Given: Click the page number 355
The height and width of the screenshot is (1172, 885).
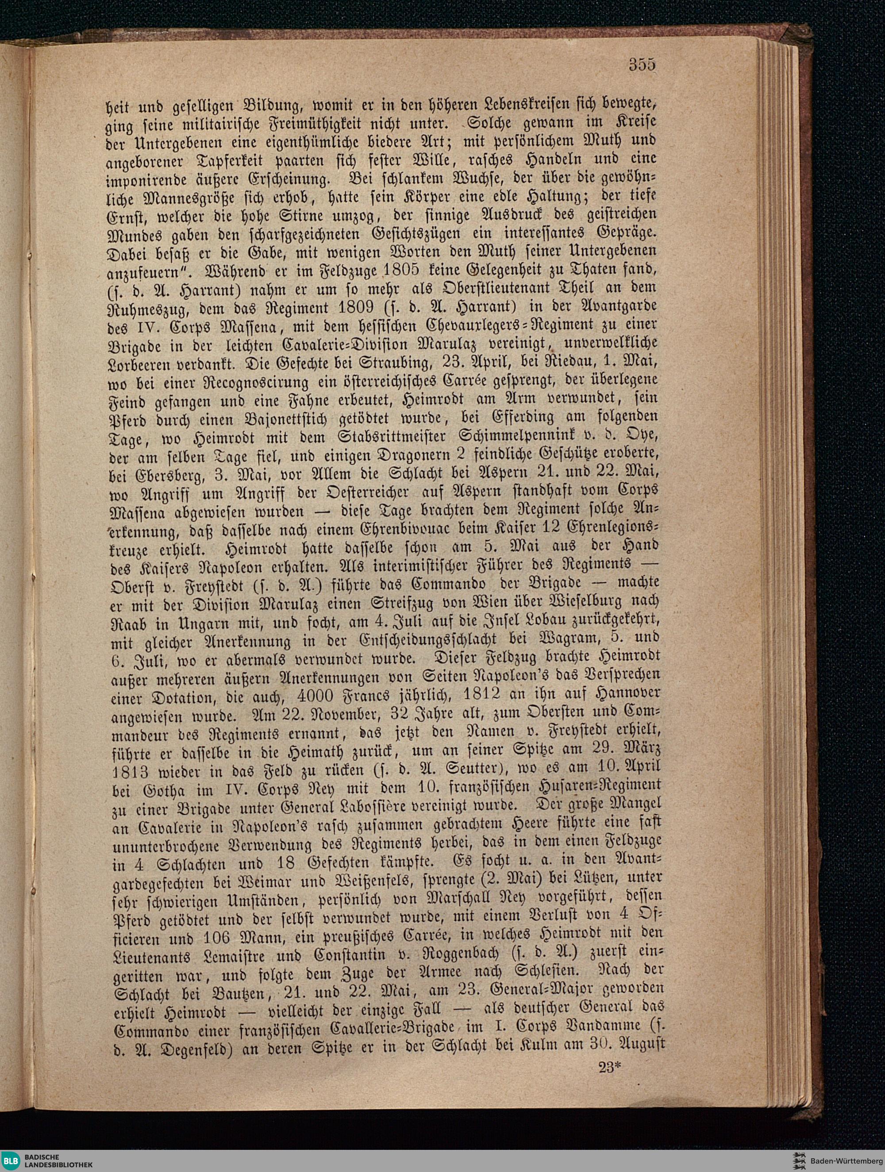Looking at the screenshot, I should [x=642, y=65].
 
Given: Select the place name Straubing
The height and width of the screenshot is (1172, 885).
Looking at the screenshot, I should [x=381, y=365].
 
